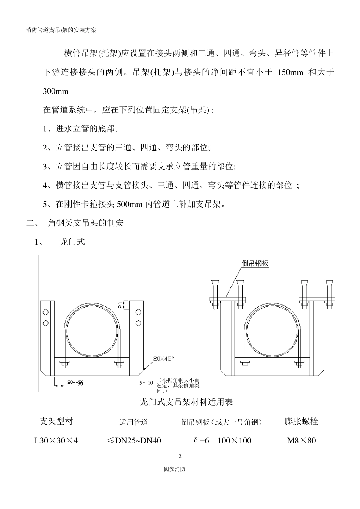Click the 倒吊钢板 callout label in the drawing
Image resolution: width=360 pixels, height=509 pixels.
point(255,263)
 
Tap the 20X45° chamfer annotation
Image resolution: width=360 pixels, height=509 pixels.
point(163,358)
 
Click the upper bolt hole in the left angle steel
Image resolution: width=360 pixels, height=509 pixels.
point(46,312)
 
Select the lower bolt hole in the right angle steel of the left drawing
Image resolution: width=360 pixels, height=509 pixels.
point(138,323)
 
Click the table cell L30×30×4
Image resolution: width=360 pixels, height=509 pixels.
point(56,440)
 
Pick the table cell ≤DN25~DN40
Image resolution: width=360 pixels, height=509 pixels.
point(134,440)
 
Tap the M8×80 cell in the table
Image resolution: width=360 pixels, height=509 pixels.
point(301,440)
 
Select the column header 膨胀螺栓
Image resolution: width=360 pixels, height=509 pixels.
point(301,421)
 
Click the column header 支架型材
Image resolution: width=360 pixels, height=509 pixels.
point(56,421)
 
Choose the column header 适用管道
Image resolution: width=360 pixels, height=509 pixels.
point(134,422)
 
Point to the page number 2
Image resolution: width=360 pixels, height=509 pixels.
point(180,456)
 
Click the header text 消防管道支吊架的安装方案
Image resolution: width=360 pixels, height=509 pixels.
point(61,30)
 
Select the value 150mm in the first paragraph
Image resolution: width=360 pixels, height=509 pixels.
point(290,72)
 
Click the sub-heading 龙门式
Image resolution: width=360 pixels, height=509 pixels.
point(72,242)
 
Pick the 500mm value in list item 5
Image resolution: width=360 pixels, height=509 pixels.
point(129,205)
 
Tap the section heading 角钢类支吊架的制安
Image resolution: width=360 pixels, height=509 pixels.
point(86,223)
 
